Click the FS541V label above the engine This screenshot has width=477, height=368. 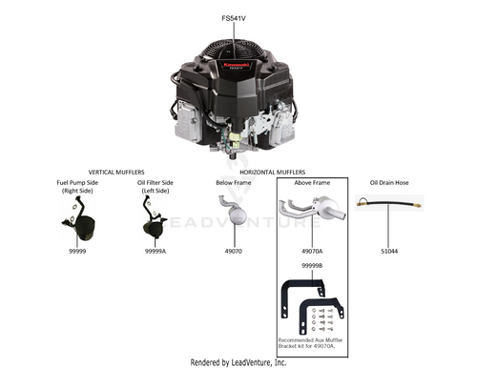[x=234, y=18]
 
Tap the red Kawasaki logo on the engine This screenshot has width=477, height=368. [x=236, y=65]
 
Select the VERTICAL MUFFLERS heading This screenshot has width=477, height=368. [x=116, y=173]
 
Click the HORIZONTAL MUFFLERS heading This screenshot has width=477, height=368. [x=273, y=173]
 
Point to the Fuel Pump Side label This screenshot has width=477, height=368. [x=77, y=183]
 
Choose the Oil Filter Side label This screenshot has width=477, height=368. [x=156, y=183]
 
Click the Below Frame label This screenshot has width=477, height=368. [x=234, y=183]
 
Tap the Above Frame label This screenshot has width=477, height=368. [x=312, y=183]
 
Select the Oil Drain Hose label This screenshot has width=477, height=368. [x=389, y=183]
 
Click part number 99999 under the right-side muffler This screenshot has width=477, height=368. [x=77, y=251]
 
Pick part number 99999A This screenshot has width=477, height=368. [x=156, y=251]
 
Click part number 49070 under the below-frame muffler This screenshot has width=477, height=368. [x=234, y=251]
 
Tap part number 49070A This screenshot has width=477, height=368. [x=312, y=251]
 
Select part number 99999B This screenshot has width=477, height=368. [x=312, y=265]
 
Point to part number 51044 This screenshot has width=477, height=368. [x=389, y=251]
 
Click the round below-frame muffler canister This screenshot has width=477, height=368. [x=238, y=215]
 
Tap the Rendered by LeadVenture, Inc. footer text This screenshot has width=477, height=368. [x=238, y=362]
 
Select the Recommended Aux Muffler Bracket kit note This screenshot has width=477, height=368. [x=310, y=343]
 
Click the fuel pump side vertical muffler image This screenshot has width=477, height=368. [x=79, y=219]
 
